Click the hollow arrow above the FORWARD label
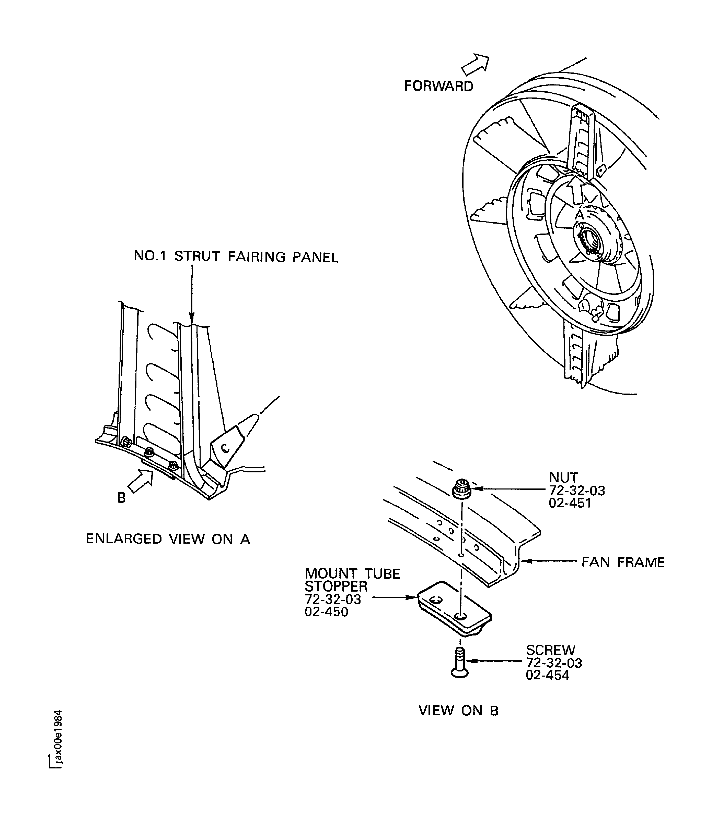coord(476,65)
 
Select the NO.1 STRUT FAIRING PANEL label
coord(236,256)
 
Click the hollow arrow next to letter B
coord(141,482)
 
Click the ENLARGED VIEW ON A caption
coord(168,539)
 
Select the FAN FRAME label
coord(622,562)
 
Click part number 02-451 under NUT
coord(570,503)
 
